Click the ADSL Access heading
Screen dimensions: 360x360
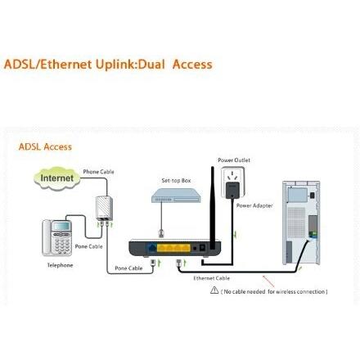(x=45, y=147)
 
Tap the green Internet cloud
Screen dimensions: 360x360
(x=56, y=177)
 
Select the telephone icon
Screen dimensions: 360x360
(x=58, y=237)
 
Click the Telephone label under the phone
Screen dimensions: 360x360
(x=59, y=265)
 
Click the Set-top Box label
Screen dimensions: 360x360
(x=175, y=180)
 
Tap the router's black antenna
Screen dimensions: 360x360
(x=211, y=205)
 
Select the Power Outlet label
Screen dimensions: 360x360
(x=234, y=160)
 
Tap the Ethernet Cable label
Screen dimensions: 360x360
(x=205, y=278)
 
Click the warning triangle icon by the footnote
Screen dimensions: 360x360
(x=214, y=290)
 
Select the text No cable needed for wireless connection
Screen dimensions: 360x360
(x=273, y=291)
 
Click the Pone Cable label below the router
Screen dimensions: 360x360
(x=128, y=268)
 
